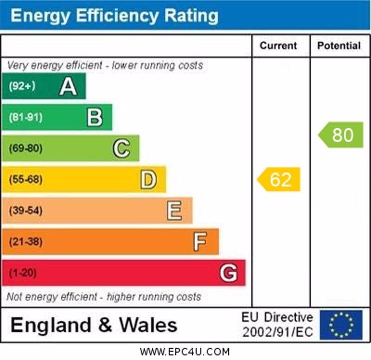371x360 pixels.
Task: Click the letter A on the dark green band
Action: (68, 86)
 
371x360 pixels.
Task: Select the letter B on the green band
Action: (95, 117)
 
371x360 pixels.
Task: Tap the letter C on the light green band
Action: (121, 148)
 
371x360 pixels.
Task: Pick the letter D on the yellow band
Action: (148, 180)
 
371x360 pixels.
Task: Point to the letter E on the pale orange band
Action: (174, 211)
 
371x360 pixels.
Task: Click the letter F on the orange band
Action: (200, 242)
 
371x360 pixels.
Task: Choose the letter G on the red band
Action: (228, 273)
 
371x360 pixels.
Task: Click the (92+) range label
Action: (22, 86)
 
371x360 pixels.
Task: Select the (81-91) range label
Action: (25, 117)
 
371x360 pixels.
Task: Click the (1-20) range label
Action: (23, 273)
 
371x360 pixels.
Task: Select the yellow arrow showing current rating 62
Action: (279, 179)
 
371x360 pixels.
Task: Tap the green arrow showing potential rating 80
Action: (341, 135)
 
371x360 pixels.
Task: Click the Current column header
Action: (278, 45)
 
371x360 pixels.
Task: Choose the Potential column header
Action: (339, 45)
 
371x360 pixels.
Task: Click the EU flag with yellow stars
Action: (341, 325)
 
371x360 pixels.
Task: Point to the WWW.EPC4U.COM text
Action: (185, 352)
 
